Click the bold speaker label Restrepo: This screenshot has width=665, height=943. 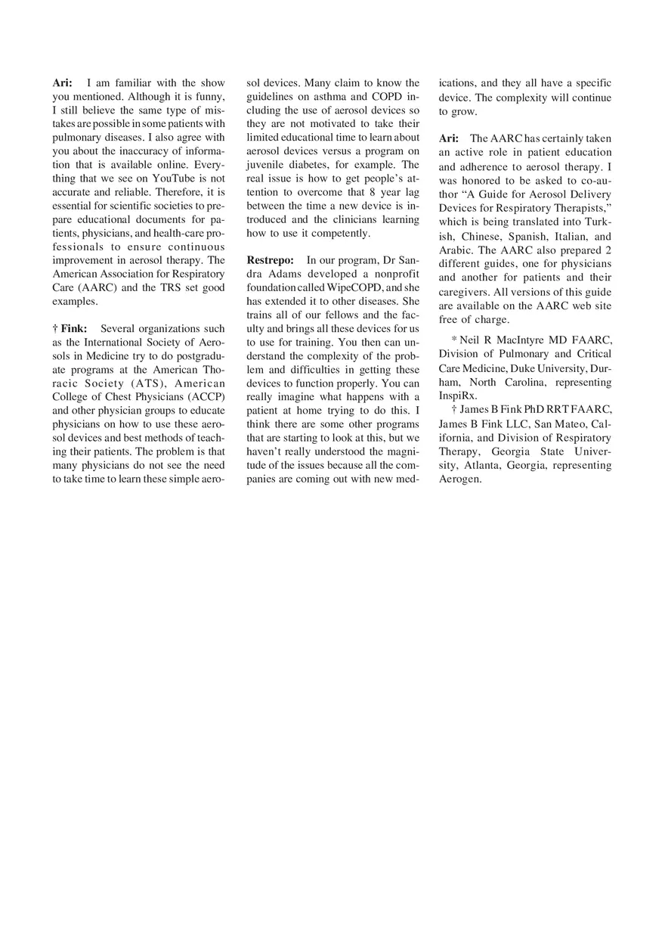[271, 261]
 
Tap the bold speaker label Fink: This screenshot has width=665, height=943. [74, 329]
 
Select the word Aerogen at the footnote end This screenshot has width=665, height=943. [459, 479]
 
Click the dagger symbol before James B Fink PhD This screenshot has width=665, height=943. [453, 410]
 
